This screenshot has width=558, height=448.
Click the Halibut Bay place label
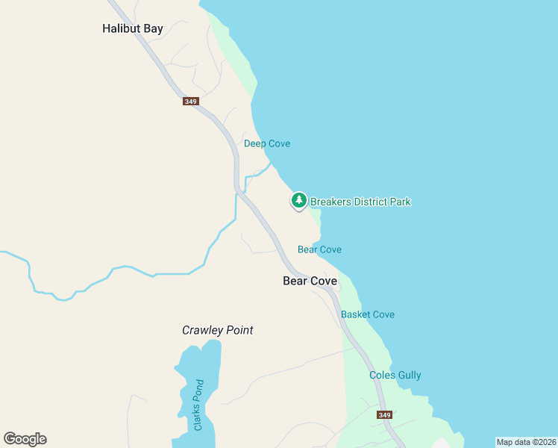(x=132, y=29)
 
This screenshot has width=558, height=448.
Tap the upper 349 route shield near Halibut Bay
(x=190, y=101)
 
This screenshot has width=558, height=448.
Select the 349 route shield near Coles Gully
(x=384, y=415)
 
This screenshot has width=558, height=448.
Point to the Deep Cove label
(x=267, y=143)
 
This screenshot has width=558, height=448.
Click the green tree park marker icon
(x=298, y=200)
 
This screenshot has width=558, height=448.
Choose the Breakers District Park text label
(x=360, y=202)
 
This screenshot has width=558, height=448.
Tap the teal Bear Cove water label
(x=319, y=249)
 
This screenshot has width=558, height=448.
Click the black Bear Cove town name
(x=310, y=281)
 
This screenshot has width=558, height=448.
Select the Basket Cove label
(x=368, y=314)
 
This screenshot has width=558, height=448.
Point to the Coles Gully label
(x=395, y=376)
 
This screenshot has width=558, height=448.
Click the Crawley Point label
(x=218, y=330)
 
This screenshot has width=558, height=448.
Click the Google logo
(x=25, y=439)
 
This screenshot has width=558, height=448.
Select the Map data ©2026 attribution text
(x=526, y=442)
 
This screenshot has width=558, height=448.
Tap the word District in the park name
(x=362, y=202)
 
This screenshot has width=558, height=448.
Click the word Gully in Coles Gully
(x=408, y=376)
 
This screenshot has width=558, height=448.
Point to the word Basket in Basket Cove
(x=356, y=314)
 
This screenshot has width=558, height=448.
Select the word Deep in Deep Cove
(x=255, y=143)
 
